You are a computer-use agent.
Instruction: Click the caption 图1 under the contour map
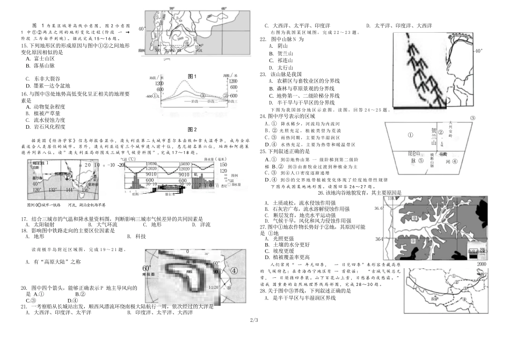click(x=192, y=76)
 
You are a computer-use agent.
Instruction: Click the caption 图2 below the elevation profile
click(x=192, y=129)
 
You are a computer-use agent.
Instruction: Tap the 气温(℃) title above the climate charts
click(x=128, y=159)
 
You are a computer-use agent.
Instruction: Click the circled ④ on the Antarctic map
click(x=234, y=271)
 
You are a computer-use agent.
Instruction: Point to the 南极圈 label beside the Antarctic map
click(x=149, y=274)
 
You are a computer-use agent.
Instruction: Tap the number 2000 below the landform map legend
click(x=481, y=265)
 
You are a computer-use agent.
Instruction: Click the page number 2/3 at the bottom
click(x=254, y=320)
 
